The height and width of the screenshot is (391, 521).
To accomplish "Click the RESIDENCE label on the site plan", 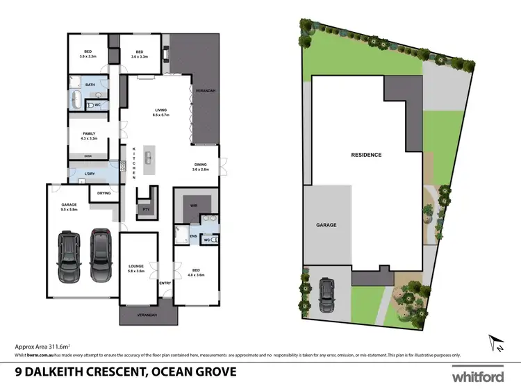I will click(x=366, y=156).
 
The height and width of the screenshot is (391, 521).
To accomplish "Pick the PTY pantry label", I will click(x=146, y=208).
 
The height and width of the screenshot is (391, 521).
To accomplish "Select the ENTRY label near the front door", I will click(x=165, y=283).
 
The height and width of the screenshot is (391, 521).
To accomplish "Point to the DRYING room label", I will click(x=104, y=193).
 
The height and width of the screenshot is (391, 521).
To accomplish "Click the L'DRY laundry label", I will click(x=89, y=173).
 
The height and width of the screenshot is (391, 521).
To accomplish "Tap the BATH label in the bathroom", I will click(x=90, y=85).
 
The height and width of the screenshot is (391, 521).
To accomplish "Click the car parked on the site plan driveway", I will click(x=326, y=296).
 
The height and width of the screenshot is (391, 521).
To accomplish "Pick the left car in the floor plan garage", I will click(x=69, y=256).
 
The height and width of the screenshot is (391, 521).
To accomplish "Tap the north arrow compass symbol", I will click(x=495, y=342).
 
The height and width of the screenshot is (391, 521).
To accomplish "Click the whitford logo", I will click(x=478, y=376).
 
